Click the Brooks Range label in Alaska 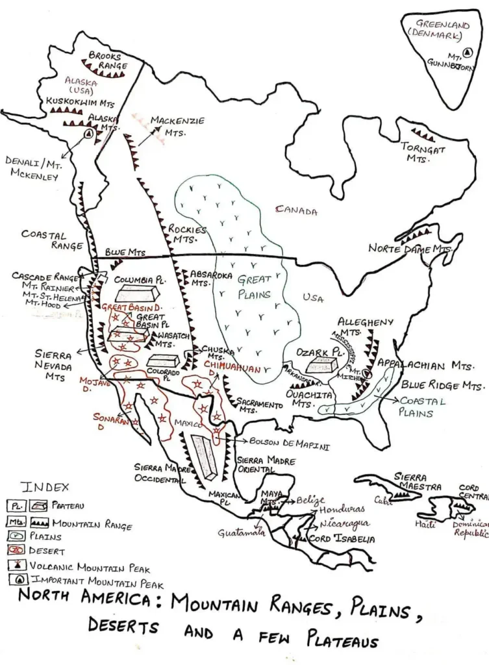[x=108, y=61]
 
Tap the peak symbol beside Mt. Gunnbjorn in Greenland [x=468, y=54]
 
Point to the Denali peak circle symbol [x=88, y=134]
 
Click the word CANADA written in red [x=296, y=210]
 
